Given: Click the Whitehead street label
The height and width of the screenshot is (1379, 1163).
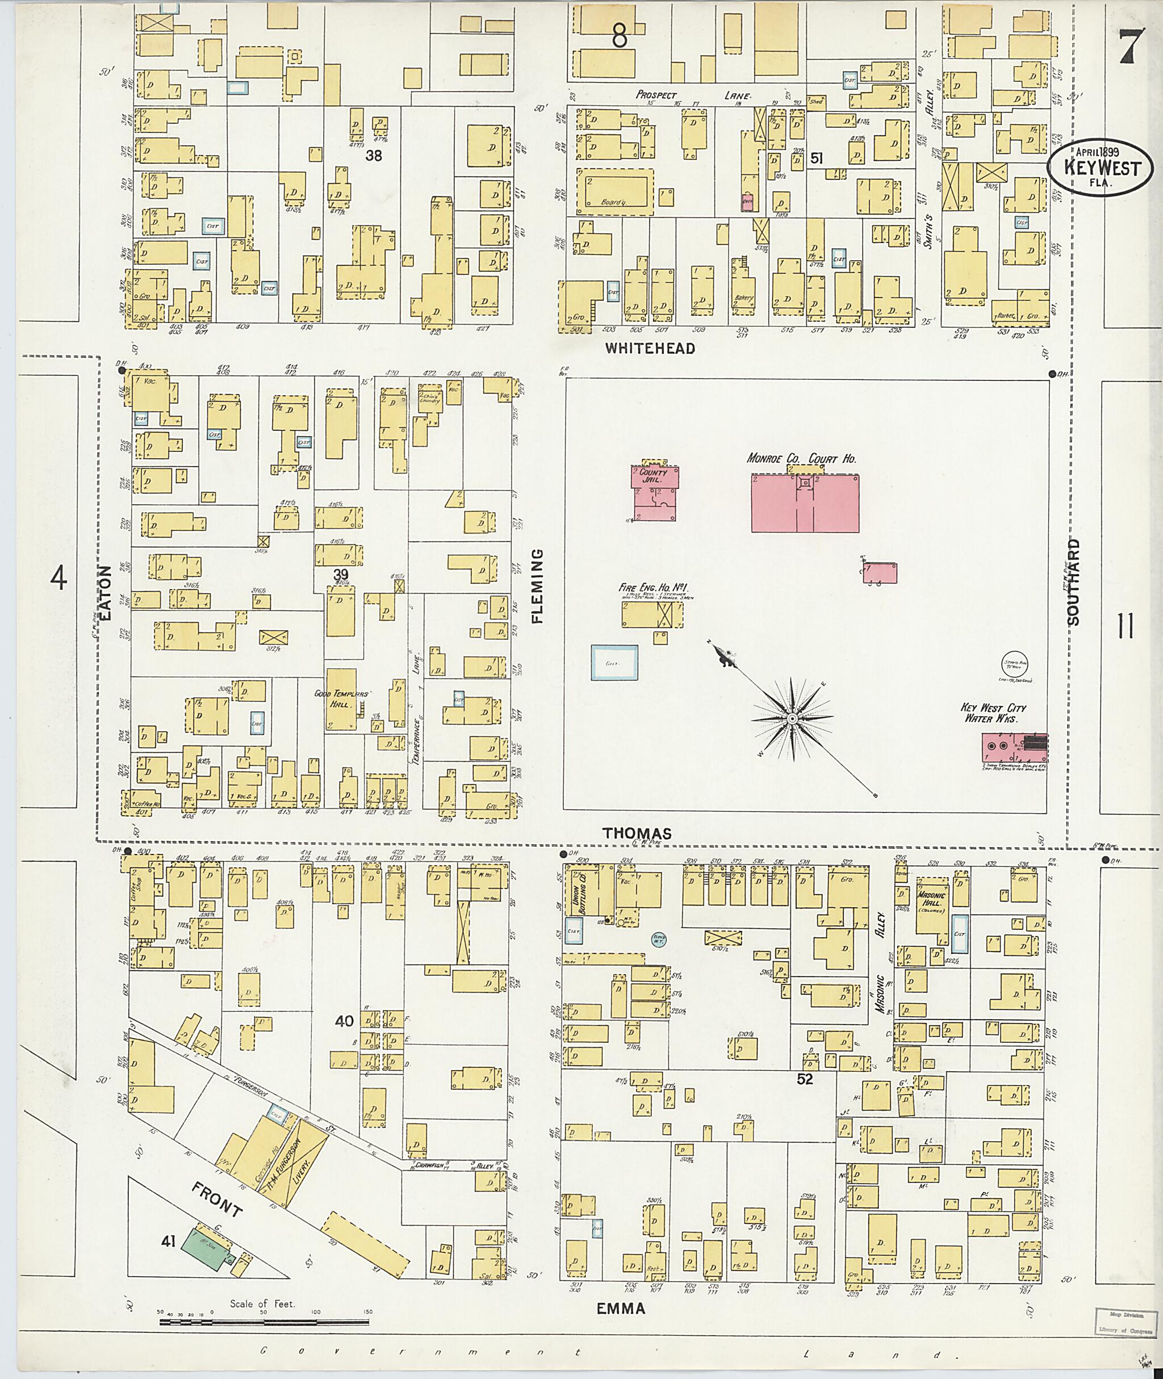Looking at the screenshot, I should (651, 348).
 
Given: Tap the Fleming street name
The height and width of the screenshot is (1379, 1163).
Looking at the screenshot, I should (537, 586).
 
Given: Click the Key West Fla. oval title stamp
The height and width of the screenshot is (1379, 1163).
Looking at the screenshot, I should (1101, 169).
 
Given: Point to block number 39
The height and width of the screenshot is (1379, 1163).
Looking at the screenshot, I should (340, 574).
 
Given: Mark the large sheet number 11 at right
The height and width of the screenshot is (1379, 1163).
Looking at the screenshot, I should (1126, 626).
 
